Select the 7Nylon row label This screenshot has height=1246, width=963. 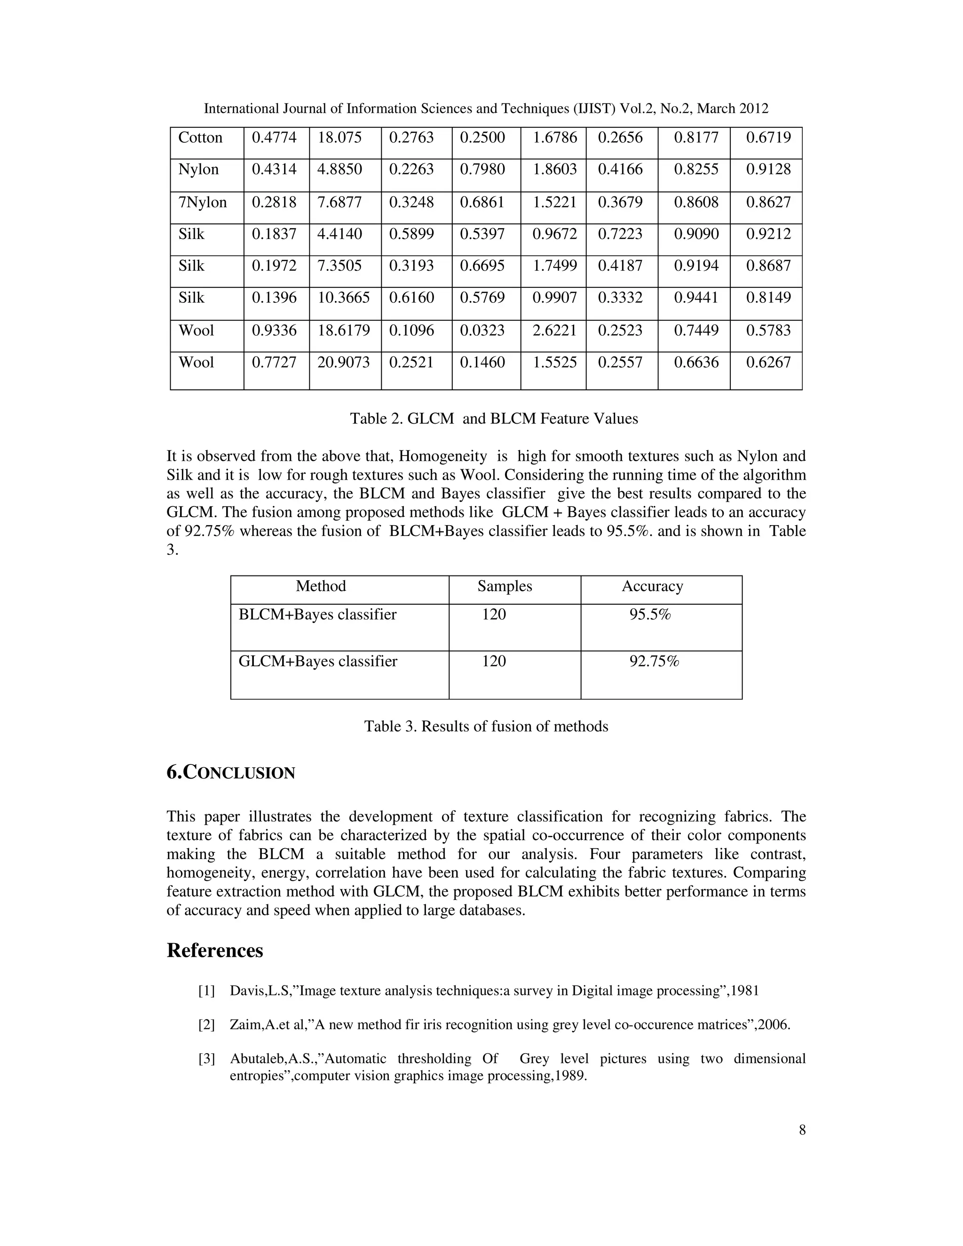pos(203,203)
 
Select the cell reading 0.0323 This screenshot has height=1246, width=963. pos(482,331)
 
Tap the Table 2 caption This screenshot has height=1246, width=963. pos(493,419)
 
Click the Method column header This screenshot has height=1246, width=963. pos(321,586)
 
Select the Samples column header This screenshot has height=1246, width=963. pos(505,586)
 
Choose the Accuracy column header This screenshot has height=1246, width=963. pos(652,586)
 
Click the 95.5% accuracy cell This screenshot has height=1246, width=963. pos(650,615)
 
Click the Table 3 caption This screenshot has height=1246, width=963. pos(486,726)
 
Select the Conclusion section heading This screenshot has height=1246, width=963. pos(230,773)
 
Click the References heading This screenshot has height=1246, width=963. pos(214,950)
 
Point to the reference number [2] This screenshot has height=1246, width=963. pos(206,1025)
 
